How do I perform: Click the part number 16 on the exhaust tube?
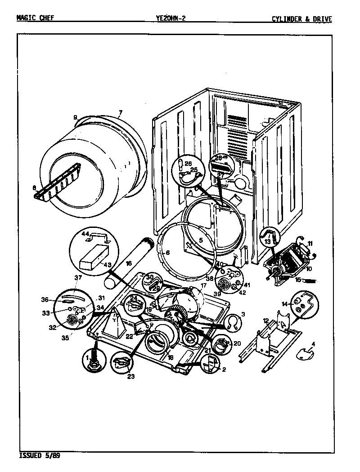(128, 263)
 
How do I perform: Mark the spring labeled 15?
(310, 281)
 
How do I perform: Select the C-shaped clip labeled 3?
(232, 321)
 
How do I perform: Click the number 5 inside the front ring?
(200, 240)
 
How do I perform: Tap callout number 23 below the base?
(130, 376)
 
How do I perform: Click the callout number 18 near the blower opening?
(170, 357)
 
